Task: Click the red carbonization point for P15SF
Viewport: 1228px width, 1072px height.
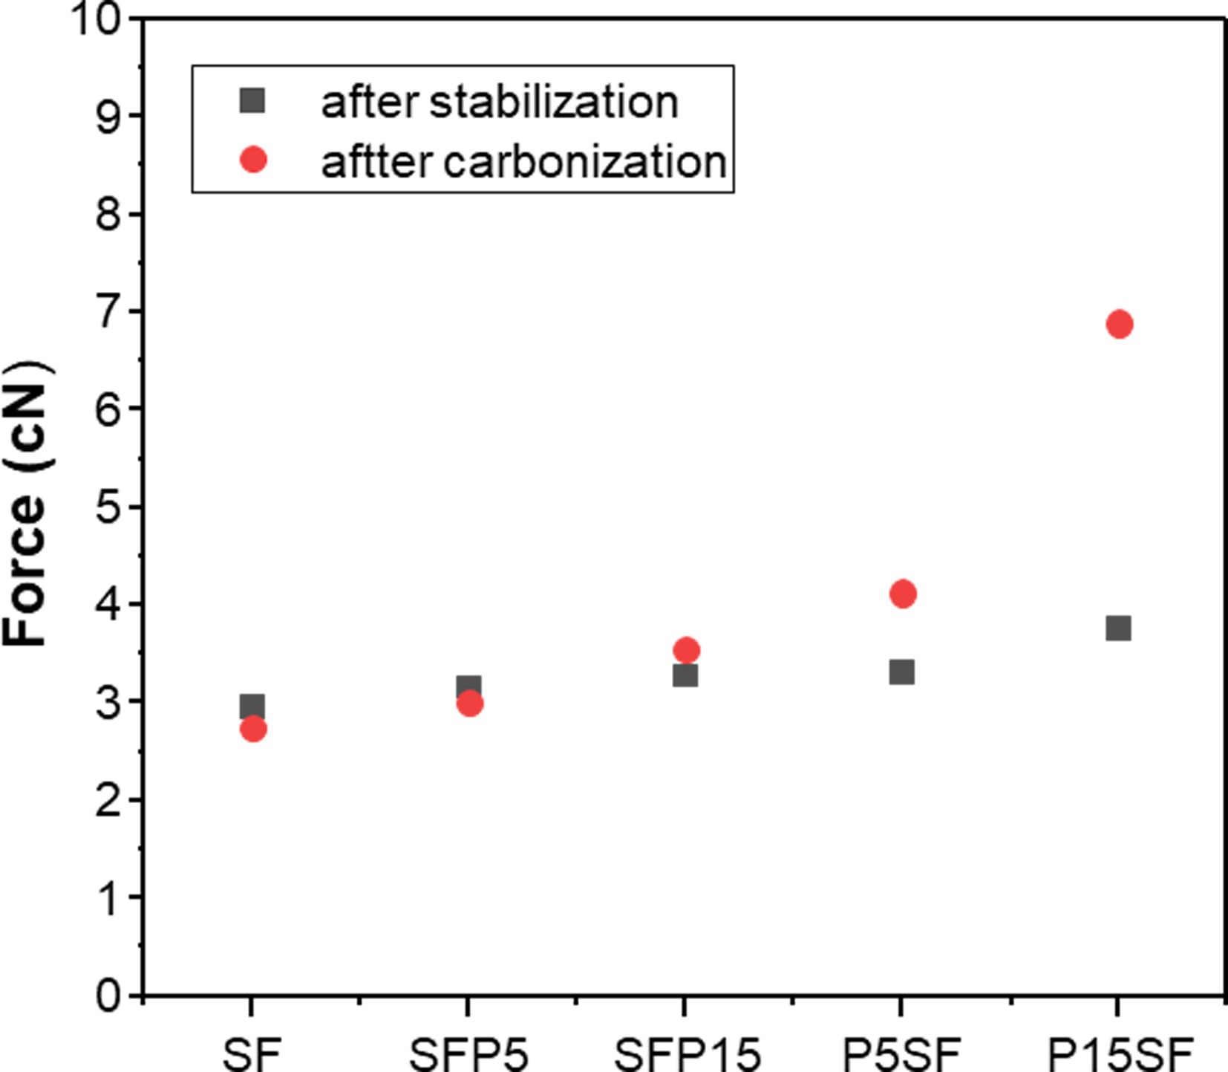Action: point(1119,324)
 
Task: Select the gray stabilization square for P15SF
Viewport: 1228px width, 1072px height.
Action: point(1118,628)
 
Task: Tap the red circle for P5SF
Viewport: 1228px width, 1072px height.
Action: point(902,594)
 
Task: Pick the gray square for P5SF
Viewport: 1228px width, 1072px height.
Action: point(901,672)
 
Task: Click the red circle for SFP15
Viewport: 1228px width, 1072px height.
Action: point(686,651)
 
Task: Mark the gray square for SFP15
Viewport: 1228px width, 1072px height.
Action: point(685,676)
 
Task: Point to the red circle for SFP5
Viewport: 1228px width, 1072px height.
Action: point(469,704)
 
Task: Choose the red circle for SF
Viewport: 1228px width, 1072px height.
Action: point(253,730)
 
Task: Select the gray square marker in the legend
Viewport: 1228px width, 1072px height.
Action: point(253,100)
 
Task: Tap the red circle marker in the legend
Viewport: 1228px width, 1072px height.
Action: point(254,160)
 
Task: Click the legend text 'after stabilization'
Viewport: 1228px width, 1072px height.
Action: point(499,102)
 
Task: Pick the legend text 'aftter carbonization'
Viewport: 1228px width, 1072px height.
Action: point(523,161)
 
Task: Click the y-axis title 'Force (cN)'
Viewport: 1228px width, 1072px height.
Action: point(27,505)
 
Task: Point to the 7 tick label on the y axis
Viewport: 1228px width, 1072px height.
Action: point(109,311)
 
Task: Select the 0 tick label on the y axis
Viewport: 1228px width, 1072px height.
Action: point(109,995)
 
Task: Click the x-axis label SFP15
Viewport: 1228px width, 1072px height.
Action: point(688,1053)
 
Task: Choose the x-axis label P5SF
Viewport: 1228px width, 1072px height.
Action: point(901,1053)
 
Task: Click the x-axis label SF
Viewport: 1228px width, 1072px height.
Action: point(252,1053)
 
